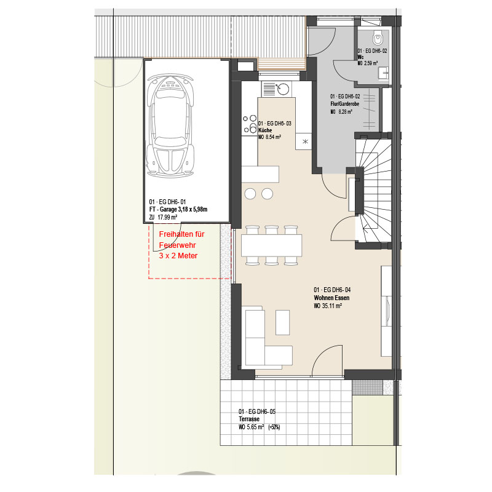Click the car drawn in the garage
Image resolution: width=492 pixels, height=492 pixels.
(x=170, y=125)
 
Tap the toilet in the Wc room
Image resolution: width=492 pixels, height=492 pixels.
(x=378, y=38)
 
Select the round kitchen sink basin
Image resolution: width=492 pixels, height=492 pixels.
(x=284, y=89)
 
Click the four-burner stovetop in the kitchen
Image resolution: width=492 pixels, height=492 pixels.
(x=249, y=124)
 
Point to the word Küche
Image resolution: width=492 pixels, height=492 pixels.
(x=265, y=130)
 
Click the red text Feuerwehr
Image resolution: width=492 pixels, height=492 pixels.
(x=177, y=245)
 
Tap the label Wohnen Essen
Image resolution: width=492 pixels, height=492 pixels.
(x=331, y=298)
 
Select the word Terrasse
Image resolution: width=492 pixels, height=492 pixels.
(x=249, y=419)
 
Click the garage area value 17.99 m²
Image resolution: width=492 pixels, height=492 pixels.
(x=167, y=217)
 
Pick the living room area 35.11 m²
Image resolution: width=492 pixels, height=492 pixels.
(x=331, y=306)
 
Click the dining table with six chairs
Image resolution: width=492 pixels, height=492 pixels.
(x=271, y=245)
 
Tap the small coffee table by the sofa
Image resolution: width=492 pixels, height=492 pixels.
(x=282, y=322)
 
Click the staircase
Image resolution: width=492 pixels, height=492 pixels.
(x=373, y=191)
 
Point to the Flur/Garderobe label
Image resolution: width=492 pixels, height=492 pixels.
(x=344, y=104)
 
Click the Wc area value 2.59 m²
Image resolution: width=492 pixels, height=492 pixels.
(x=371, y=63)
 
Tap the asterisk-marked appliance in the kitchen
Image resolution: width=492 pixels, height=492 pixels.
(x=304, y=141)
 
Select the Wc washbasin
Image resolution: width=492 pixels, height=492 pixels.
(x=384, y=73)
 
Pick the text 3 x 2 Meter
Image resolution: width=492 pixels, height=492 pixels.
(x=178, y=256)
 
